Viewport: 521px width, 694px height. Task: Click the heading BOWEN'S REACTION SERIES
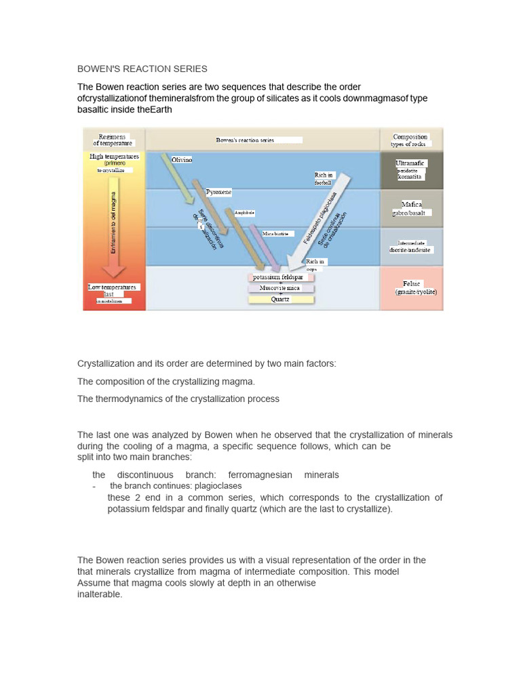(142, 69)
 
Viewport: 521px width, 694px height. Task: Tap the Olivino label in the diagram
(182, 159)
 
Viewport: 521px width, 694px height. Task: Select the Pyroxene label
(218, 192)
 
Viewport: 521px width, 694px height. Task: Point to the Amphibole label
(244, 212)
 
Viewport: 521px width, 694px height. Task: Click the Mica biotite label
(275, 233)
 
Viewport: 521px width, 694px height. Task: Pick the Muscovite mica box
(280, 288)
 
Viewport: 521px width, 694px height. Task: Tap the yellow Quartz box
(280, 299)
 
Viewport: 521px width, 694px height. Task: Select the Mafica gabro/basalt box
(412, 208)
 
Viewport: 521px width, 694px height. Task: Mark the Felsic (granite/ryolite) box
(412, 287)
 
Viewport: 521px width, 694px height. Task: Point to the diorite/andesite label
(410, 249)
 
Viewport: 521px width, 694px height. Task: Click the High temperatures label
(114, 157)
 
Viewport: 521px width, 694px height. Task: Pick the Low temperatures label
(112, 287)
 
